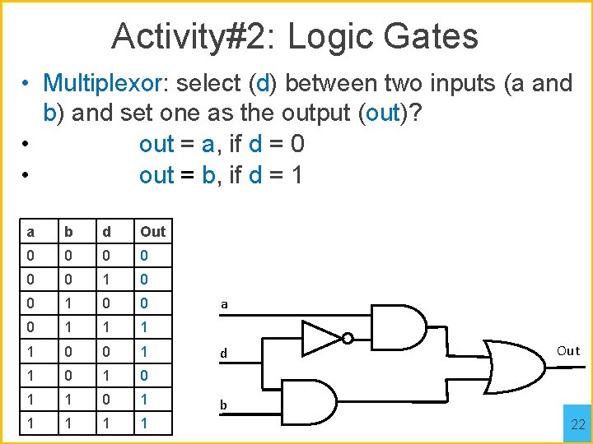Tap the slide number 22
[578, 424]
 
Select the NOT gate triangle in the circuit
[321, 337]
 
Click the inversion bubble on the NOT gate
[348, 337]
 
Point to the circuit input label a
[224, 304]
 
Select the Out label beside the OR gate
[568, 351]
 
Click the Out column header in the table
[152, 232]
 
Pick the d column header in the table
[106, 232]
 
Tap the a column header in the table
[30, 232]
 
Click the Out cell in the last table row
[145, 423]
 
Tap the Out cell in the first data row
[145, 256]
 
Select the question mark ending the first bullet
[417, 113]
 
